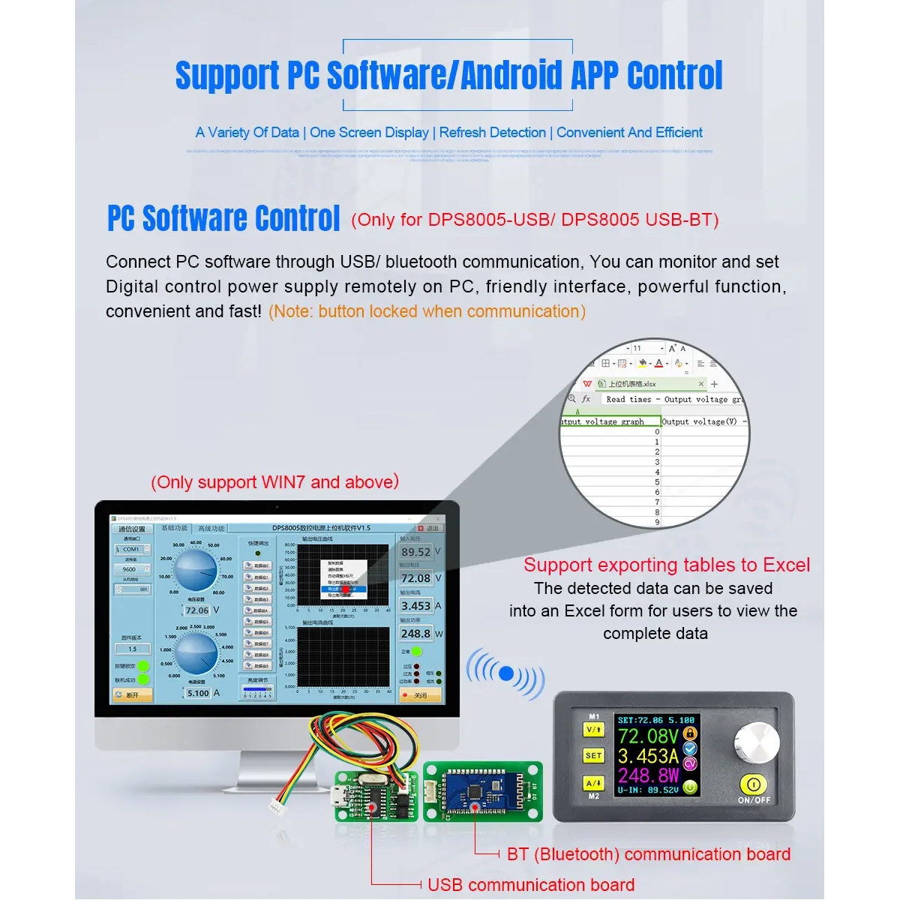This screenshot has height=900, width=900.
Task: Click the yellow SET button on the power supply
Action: pyautogui.click(x=593, y=755)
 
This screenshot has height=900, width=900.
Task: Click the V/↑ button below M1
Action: pyautogui.click(x=593, y=729)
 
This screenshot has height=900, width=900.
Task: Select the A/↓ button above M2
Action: pyautogui.click(x=593, y=782)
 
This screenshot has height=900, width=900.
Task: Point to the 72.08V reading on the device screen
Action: pyautogui.click(x=647, y=736)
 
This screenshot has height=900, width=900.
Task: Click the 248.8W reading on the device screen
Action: pyautogui.click(x=647, y=774)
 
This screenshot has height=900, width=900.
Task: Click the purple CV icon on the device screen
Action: pyautogui.click(x=690, y=764)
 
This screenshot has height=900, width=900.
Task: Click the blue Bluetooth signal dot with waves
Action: pyautogui.click(x=506, y=673)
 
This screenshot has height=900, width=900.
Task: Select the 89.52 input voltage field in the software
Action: pyautogui.click(x=415, y=552)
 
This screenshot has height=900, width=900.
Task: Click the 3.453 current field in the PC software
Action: pyautogui.click(x=415, y=606)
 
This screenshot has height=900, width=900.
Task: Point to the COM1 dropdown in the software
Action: pyautogui.click(x=132, y=549)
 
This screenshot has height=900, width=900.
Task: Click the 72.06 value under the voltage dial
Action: pyautogui.click(x=196, y=610)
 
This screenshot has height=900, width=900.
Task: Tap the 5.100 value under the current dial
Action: pyautogui.click(x=198, y=693)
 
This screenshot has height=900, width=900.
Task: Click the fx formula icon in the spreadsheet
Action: pyautogui.click(x=586, y=399)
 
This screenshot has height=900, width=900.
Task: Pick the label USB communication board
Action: pyautogui.click(x=530, y=885)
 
